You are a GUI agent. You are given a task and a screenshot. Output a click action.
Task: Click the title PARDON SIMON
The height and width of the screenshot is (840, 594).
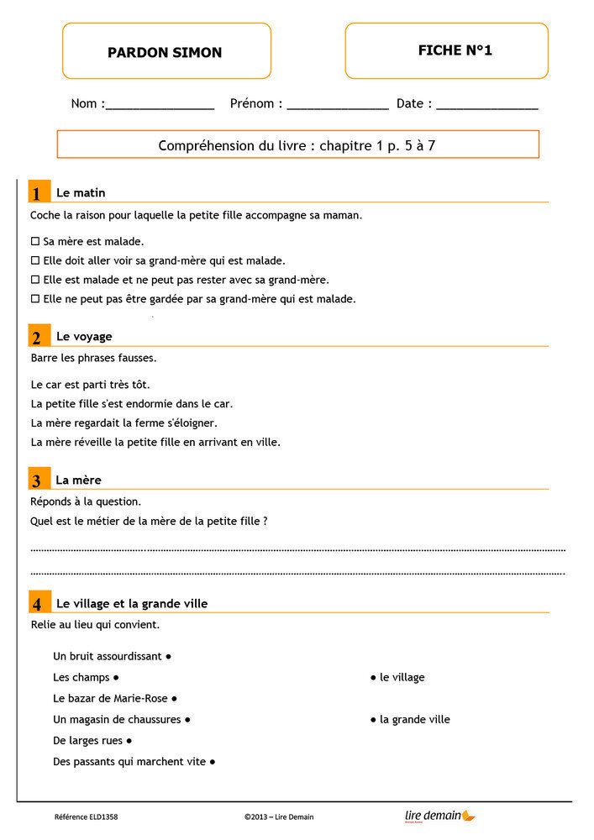[165, 52]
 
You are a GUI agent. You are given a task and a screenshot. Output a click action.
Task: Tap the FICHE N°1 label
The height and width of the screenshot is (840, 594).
[455, 50]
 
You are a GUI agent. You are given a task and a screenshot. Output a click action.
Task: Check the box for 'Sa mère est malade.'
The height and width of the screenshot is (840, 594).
[35, 242]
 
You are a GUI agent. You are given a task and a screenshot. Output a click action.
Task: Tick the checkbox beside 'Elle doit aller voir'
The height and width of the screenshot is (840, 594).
[35, 260]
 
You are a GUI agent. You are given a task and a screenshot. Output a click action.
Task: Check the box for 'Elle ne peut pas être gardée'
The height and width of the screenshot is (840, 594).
[35, 298]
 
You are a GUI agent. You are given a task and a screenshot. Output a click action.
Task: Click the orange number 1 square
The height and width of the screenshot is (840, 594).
[38, 193]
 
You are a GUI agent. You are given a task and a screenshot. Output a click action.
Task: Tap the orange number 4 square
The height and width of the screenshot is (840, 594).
[38, 604]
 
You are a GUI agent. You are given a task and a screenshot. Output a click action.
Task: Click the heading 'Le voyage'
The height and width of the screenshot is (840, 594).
[84, 336]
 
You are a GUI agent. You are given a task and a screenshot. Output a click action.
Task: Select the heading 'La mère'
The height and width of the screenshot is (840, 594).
[78, 480]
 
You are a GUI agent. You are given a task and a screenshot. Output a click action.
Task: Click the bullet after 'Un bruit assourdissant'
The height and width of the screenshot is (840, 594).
[169, 656]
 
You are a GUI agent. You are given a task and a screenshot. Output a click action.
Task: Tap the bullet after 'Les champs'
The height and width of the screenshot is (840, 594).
[116, 677]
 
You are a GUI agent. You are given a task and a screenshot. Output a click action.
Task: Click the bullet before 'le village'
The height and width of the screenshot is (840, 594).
[373, 677]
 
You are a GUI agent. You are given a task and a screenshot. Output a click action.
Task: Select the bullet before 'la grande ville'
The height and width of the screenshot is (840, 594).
[373, 719]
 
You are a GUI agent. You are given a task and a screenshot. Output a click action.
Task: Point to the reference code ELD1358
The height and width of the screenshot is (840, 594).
[86, 816]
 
